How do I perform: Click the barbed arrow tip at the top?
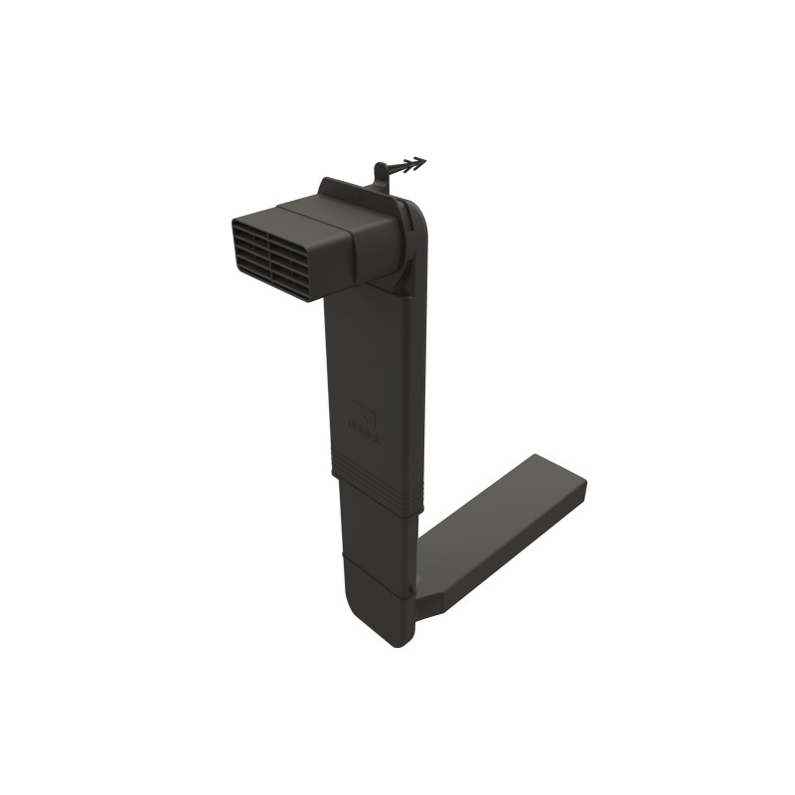(x=421, y=161)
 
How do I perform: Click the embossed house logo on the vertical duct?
(x=364, y=409)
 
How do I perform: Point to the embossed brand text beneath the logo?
(x=366, y=429)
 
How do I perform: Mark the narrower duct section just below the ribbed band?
(x=373, y=537)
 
